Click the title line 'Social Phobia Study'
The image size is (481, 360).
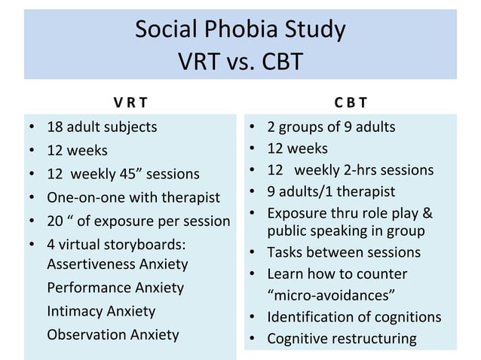pyautogui.click(x=240, y=29)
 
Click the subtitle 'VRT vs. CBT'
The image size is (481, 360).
pyautogui.click(x=240, y=60)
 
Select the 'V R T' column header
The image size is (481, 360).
pyautogui.click(x=130, y=102)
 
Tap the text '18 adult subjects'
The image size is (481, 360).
pyautogui.click(x=102, y=127)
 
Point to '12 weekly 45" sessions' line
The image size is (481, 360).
pyautogui.click(x=123, y=174)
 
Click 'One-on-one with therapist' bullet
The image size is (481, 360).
pyautogui.click(x=133, y=197)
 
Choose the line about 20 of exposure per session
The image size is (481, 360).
pyautogui.click(x=138, y=221)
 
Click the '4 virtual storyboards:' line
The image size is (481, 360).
pyautogui.click(x=116, y=244)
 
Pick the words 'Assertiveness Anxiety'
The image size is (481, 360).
pyautogui.click(x=118, y=264)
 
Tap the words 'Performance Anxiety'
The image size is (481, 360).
pyautogui.click(x=115, y=288)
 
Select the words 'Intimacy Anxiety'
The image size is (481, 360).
pyautogui.click(x=101, y=311)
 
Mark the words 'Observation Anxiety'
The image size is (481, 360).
pyautogui.click(x=113, y=334)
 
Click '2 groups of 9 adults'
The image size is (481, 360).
pyautogui.click(x=331, y=127)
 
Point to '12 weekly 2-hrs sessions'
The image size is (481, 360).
pyautogui.click(x=351, y=169)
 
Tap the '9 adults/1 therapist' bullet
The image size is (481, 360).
pyautogui.click(x=331, y=191)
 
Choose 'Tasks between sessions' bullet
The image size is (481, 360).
pyautogui.click(x=343, y=252)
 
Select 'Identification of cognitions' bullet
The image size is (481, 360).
pyautogui.click(x=354, y=316)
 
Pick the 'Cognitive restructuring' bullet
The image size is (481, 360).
pyautogui.click(x=342, y=338)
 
